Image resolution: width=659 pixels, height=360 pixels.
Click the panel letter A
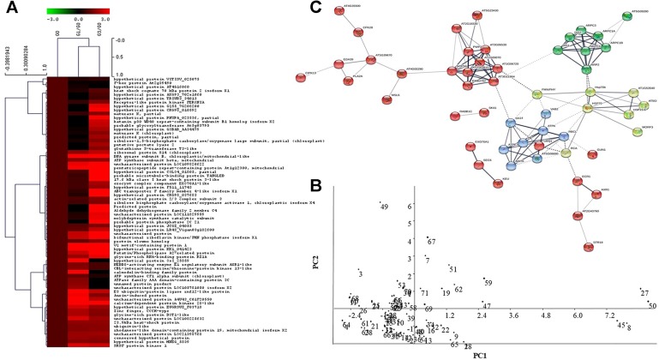[x=8, y=8]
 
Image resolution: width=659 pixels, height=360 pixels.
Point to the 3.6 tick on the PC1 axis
[x=516, y=315]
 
